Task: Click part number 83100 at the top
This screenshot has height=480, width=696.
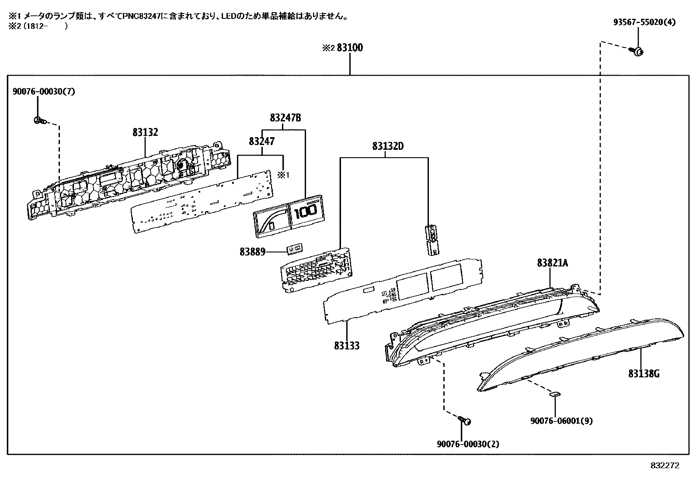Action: [350, 48]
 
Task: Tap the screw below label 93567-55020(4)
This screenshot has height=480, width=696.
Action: [638, 52]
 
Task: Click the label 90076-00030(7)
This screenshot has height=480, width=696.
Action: [44, 91]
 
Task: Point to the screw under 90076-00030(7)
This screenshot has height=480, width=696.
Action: [38, 121]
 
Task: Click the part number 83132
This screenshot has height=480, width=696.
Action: [145, 132]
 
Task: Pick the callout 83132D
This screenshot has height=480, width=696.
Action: [388, 146]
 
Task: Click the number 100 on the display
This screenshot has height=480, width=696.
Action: [306, 214]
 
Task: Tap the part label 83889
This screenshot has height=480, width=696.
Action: [252, 252]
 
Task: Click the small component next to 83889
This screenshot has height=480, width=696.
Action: [294, 249]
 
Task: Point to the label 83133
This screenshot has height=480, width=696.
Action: [347, 345]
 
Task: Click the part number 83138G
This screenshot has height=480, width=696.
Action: [644, 373]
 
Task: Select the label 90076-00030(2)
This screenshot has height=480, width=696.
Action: [467, 444]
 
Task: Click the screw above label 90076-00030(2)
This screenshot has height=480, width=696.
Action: [465, 421]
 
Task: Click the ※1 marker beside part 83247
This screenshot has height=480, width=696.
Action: [284, 175]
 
